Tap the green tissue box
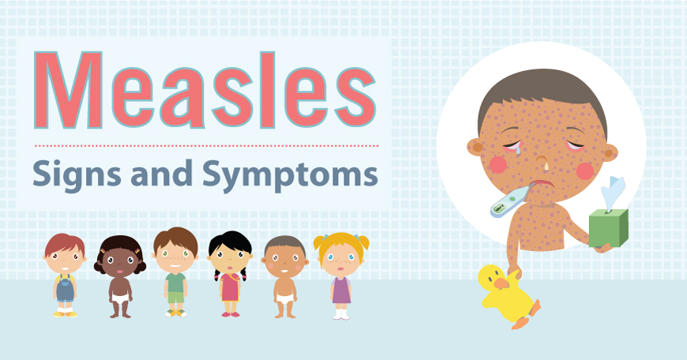click(610, 227)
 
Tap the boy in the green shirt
click(175, 272)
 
